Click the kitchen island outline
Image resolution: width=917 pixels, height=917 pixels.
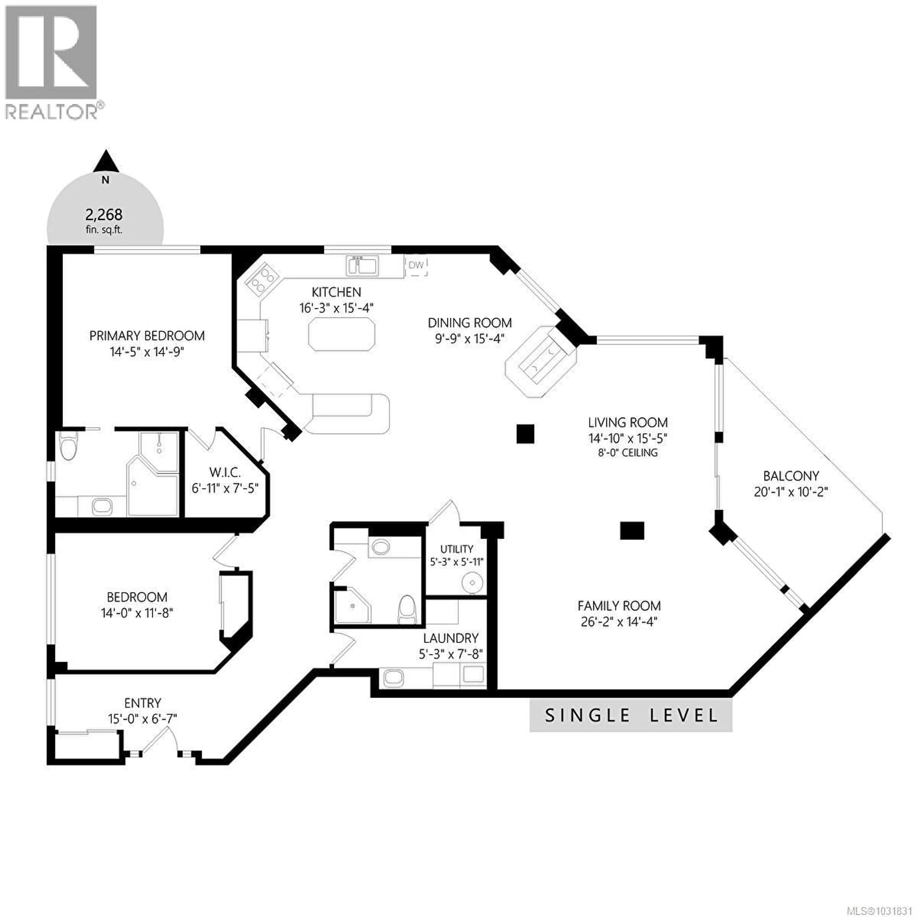pos(341,335)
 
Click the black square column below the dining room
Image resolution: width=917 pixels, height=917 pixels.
pos(525,433)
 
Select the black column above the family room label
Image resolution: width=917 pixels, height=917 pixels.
pos(632,531)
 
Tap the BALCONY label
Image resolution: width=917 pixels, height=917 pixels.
pos(791,476)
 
